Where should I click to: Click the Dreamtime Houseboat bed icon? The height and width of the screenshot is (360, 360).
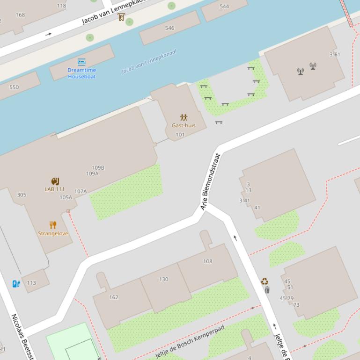(x=81, y=62)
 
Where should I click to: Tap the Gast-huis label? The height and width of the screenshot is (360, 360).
(x=184, y=125)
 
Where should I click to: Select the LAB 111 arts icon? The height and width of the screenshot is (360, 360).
(x=55, y=181)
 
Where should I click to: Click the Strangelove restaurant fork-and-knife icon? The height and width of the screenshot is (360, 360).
(x=53, y=225)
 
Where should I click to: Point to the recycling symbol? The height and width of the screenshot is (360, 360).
(x=264, y=281)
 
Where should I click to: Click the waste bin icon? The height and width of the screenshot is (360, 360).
(x=267, y=290)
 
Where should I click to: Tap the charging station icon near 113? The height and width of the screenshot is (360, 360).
(x=16, y=283)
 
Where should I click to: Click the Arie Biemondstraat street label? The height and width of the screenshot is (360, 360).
(x=210, y=181)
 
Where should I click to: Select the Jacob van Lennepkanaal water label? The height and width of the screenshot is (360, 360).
(x=149, y=62)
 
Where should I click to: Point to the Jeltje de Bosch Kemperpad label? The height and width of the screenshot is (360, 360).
(x=190, y=341)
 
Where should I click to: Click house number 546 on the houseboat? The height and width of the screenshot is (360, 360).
(x=169, y=28)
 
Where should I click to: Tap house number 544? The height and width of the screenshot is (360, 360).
(x=224, y=7)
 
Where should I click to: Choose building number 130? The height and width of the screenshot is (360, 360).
(x=163, y=279)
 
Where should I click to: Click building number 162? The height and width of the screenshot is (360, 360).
(x=114, y=297)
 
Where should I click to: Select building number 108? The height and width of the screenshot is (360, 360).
(x=207, y=261)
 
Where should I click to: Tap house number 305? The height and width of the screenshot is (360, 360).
(x=22, y=195)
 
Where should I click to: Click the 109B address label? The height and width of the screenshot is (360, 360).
(x=98, y=167)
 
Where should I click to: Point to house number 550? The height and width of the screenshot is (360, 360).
(x=14, y=87)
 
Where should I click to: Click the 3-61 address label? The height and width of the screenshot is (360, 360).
(x=335, y=54)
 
